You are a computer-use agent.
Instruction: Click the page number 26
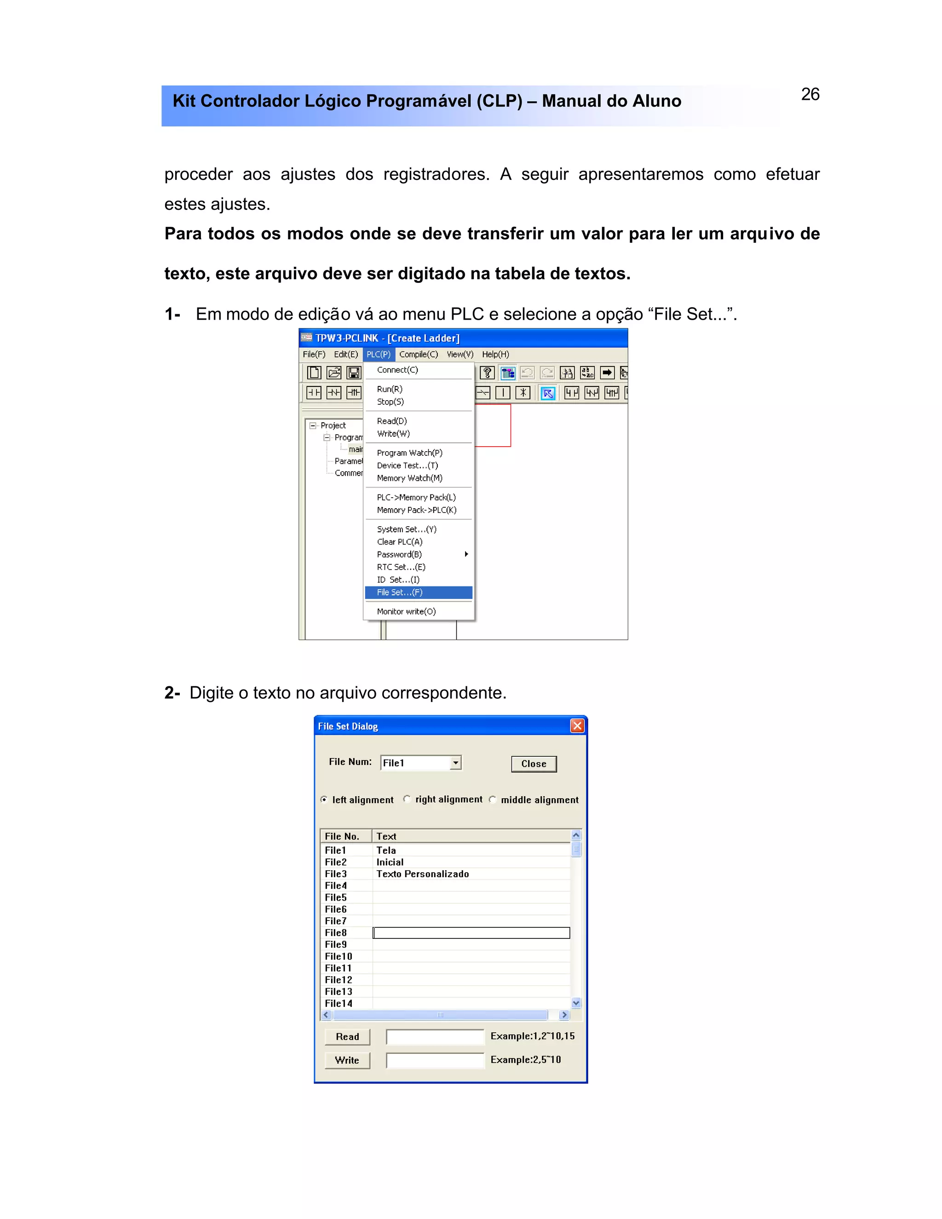pyautogui.click(x=810, y=94)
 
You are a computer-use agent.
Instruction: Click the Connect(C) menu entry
pyautogui.click(x=397, y=370)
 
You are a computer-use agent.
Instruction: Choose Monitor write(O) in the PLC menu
pyautogui.click(x=406, y=611)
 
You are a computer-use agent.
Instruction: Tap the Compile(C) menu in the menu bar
pyautogui.click(x=419, y=354)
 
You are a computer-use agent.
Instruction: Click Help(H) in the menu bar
pyautogui.click(x=495, y=354)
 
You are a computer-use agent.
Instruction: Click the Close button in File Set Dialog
pyautogui.click(x=534, y=764)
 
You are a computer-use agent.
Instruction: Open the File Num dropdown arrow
pyautogui.click(x=456, y=762)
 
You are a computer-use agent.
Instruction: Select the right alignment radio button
pyautogui.click(x=407, y=799)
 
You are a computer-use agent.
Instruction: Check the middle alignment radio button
pyautogui.click(x=492, y=799)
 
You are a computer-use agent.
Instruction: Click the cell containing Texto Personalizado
pyautogui.click(x=422, y=874)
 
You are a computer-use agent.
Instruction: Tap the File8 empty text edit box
pyautogui.click(x=471, y=933)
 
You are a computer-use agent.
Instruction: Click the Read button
pyautogui.click(x=347, y=1036)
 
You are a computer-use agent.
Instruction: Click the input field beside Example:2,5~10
pyautogui.click(x=435, y=1060)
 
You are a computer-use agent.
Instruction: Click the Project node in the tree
pyautogui.click(x=333, y=425)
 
